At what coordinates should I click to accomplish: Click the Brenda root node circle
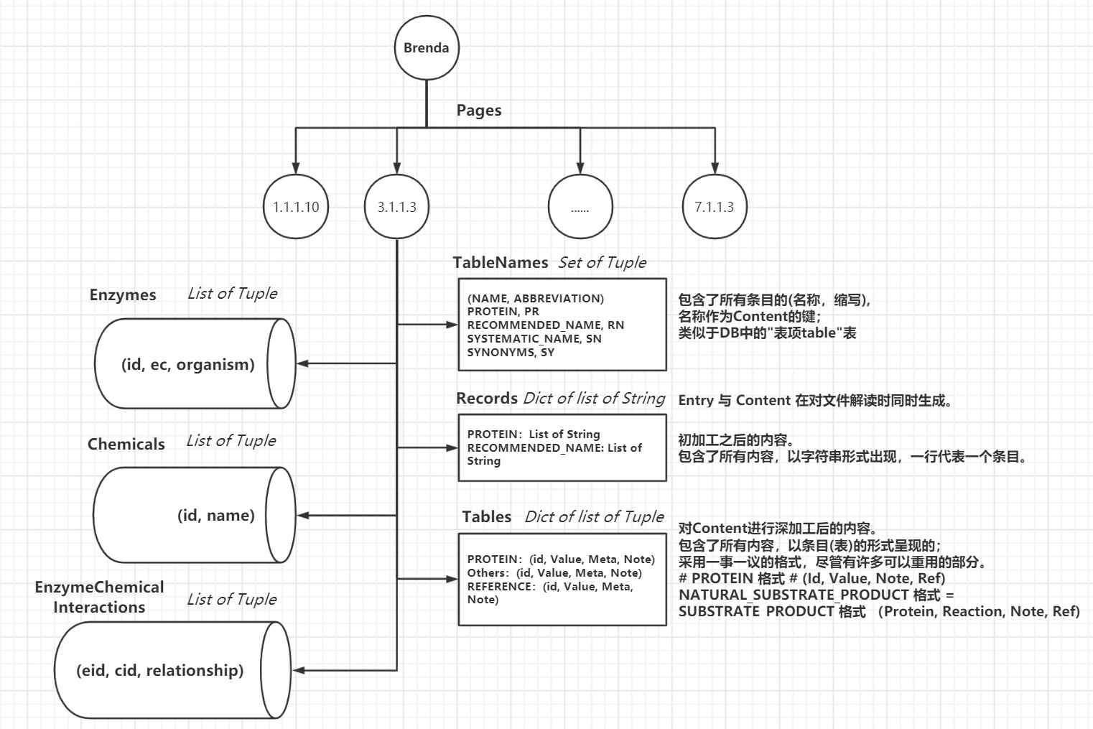tap(426, 48)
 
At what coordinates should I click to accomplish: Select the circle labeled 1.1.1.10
tap(296, 207)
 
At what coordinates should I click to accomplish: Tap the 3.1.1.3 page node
tap(397, 207)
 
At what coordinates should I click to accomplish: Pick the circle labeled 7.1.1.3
tap(714, 207)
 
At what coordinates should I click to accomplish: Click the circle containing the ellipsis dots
tap(580, 207)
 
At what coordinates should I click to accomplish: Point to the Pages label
tap(479, 111)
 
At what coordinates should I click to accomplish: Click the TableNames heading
tap(501, 263)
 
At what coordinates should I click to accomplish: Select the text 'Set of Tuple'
tap(603, 263)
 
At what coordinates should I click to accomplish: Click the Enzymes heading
tap(123, 295)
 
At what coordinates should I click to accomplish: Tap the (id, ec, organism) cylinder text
tap(188, 364)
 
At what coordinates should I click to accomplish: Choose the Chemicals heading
tap(126, 444)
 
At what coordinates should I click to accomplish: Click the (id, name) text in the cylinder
tap(216, 515)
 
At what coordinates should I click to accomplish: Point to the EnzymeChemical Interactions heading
tap(99, 597)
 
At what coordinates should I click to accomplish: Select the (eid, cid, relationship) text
tap(160, 670)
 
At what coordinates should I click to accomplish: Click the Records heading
tap(487, 399)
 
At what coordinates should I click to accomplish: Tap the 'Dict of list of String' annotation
tap(594, 399)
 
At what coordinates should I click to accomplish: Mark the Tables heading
tap(487, 517)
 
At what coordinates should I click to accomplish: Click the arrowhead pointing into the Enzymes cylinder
tap(302, 363)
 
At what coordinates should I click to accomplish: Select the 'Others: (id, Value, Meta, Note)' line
tap(554, 572)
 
